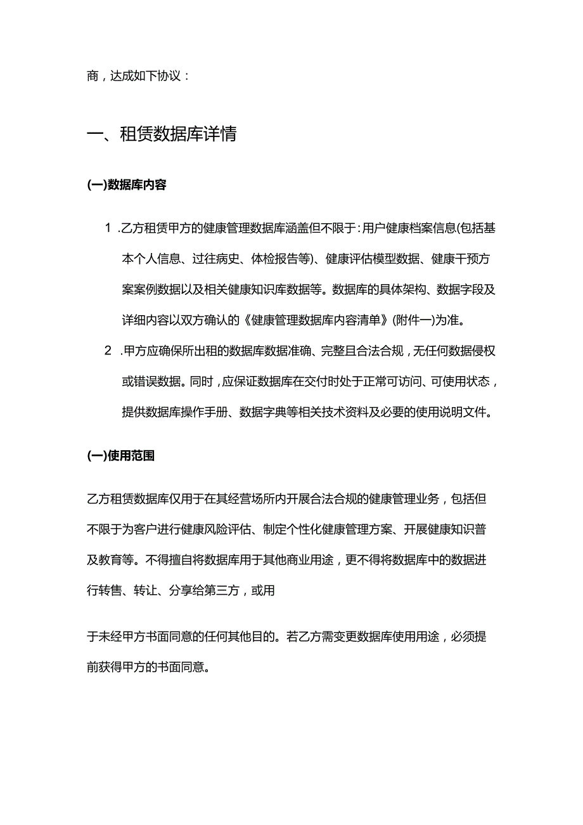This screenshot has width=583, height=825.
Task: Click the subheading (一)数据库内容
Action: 127,185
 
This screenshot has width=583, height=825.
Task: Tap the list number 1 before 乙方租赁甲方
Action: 108,228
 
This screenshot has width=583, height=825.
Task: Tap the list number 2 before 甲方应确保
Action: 108,352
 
